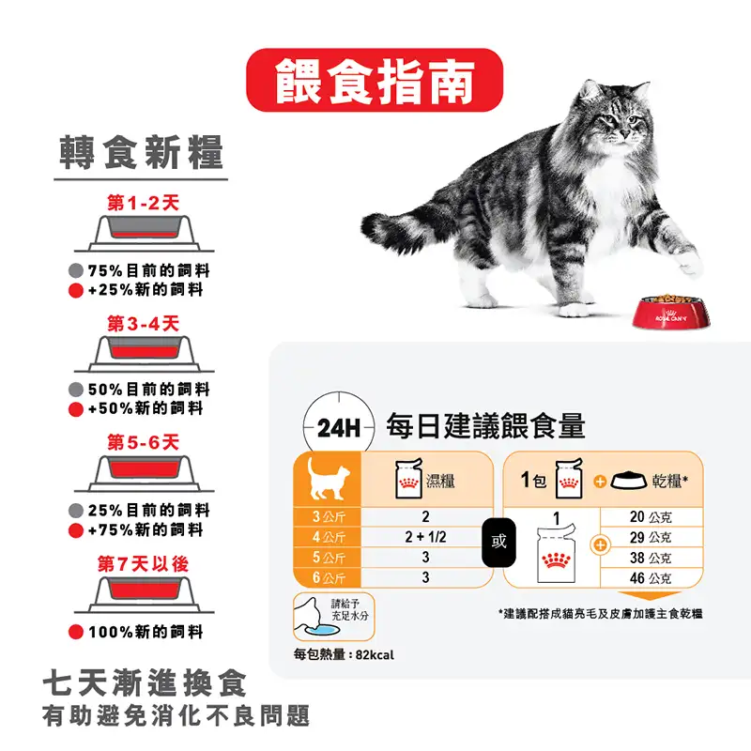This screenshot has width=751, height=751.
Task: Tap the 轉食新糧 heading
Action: point(141,153)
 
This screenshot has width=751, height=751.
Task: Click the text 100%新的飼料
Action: point(146,632)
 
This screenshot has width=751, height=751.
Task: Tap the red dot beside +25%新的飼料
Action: point(76,290)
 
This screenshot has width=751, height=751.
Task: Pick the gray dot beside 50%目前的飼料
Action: point(76,390)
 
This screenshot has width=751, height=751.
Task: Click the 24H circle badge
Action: point(338,429)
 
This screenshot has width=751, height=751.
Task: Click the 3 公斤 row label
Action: point(329,517)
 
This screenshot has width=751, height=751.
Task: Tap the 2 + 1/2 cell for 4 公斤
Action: point(424,537)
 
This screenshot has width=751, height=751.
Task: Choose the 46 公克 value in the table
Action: point(650,578)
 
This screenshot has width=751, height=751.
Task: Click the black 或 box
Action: point(498,542)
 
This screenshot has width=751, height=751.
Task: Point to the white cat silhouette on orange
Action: point(328,479)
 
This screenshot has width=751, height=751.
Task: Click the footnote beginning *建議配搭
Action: point(601,613)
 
